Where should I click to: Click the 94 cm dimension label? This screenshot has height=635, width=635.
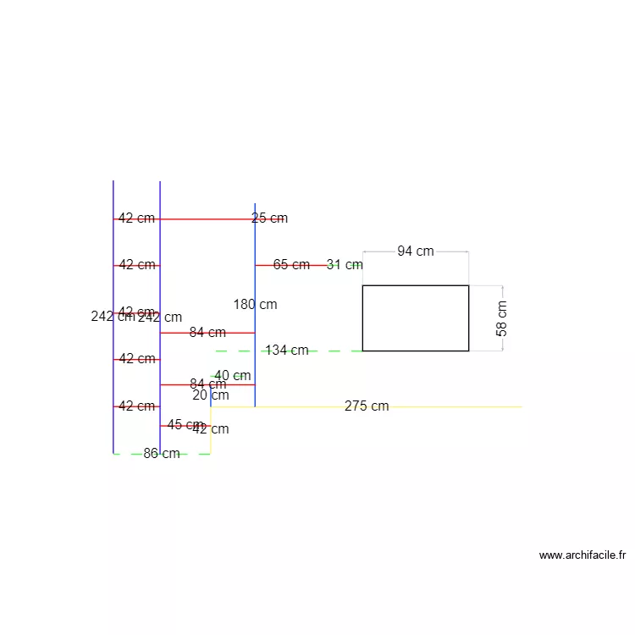pos(416,251)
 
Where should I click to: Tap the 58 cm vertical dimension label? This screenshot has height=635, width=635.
pos(502,318)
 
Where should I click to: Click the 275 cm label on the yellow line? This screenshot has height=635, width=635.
pos(367,406)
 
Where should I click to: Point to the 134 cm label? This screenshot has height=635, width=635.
pos(287,351)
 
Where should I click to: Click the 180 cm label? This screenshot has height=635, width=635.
pos(255,305)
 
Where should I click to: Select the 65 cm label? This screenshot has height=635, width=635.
pos(291,265)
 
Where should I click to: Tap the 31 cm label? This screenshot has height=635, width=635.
pos(345,265)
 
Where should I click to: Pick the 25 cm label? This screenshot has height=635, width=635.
pos(269,218)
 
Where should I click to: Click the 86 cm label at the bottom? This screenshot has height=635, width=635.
pos(161,454)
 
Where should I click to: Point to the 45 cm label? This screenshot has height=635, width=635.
pos(184,424)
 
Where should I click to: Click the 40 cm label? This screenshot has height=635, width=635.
pos(232,376)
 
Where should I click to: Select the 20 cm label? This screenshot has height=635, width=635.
pos(211,395)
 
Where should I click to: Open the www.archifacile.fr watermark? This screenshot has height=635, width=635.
pos(583,555)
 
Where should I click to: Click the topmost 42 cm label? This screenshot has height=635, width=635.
pos(136,218)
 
